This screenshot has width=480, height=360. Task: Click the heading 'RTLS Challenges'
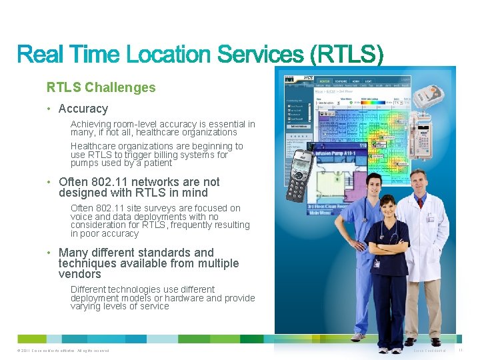click(x=101, y=87)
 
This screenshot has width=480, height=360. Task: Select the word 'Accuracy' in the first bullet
click(x=83, y=109)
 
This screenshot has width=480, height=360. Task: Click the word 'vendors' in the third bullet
click(x=79, y=274)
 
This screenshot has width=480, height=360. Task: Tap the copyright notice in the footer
click(x=60, y=351)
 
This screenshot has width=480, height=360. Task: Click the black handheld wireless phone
click(x=299, y=175)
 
